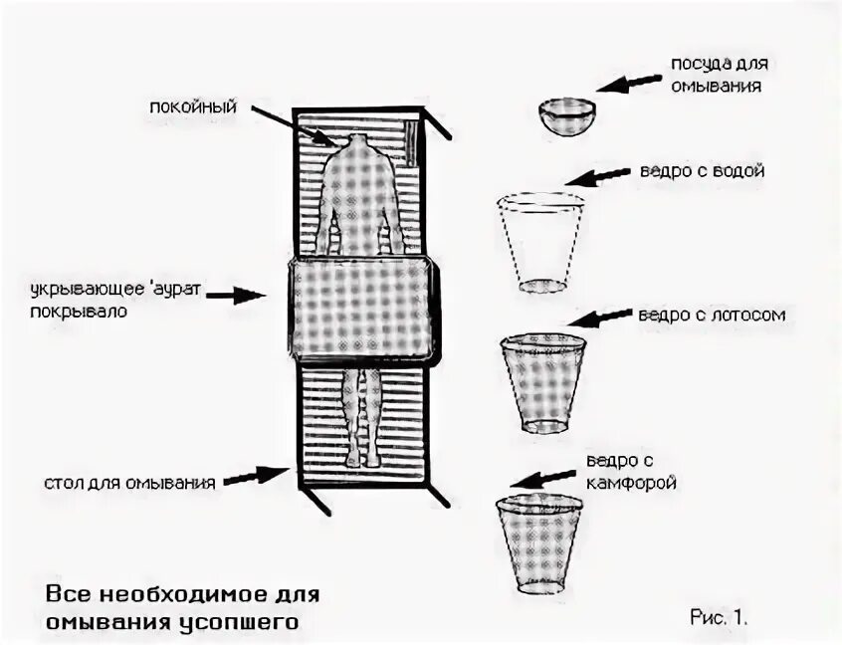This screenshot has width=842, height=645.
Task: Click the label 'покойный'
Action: pyautogui.click(x=193, y=107)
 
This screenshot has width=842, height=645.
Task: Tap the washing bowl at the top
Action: pyautogui.click(x=567, y=113)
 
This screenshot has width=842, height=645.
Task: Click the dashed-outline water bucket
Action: pyautogui.click(x=540, y=242)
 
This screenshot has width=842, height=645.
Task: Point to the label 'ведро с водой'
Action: pyautogui.click(x=711, y=171)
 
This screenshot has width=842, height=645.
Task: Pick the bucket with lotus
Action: pyautogui.click(x=541, y=382)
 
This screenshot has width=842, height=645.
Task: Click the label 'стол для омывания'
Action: pyautogui.click(x=130, y=484)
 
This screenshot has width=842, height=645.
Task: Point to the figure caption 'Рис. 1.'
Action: pyautogui.click(x=718, y=617)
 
